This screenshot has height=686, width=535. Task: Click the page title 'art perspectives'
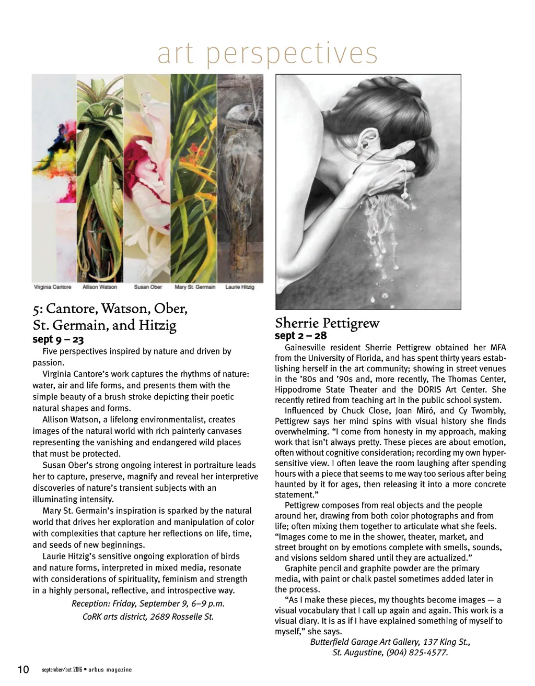pyautogui.click(x=267, y=53)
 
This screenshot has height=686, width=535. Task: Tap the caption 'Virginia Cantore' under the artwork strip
pyautogui.click(x=53, y=287)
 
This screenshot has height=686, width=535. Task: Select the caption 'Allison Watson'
pyautogui.click(x=100, y=287)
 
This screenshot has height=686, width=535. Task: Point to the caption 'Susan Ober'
pyautogui.click(x=148, y=287)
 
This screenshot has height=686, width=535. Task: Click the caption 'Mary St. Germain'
pyautogui.click(x=195, y=287)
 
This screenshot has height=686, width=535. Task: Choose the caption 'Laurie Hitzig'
pyautogui.click(x=240, y=287)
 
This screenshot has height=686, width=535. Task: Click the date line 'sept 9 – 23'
pyautogui.click(x=58, y=339)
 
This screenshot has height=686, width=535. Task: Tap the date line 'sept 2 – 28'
pyautogui.click(x=301, y=335)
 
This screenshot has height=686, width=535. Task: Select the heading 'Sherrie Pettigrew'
pyautogui.click(x=327, y=323)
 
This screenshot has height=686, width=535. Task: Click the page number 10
pyautogui.click(x=24, y=669)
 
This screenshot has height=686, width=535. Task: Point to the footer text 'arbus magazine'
pyautogui.click(x=110, y=670)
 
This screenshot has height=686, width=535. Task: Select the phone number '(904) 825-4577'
pyautogui.click(x=417, y=652)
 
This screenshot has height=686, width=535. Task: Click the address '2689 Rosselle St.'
pyautogui.click(x=182, y=617)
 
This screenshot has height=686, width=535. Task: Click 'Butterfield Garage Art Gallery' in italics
pyautogui.click(x=365, y=642)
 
